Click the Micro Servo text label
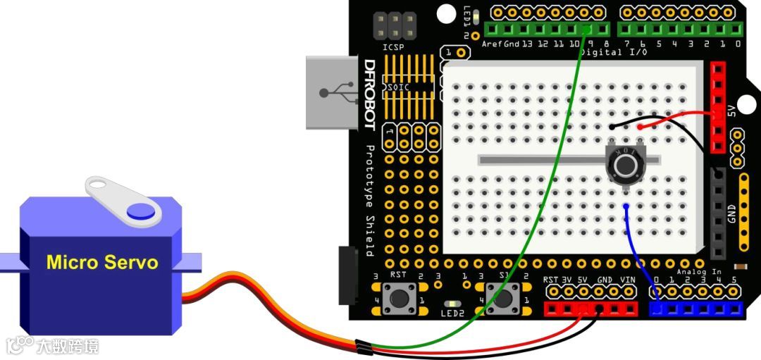[102, 263]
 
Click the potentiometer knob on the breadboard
[624, 166]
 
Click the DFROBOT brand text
[369, 95]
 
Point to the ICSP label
[394, 47]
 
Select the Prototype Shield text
[369, 200]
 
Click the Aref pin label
[492, 44]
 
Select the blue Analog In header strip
[695, 309]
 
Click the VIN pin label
[627, 279]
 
